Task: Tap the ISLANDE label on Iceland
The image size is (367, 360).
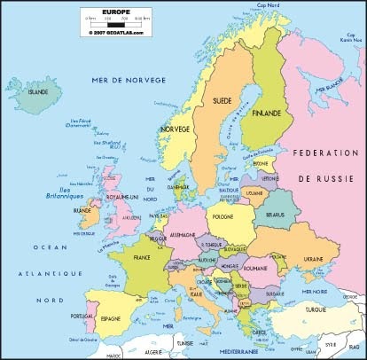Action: [x=38, y=91]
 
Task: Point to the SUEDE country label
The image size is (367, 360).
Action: [x=222, y=101]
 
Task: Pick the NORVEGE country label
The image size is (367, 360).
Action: [x=174, y=129]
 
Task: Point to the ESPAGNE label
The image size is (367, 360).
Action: [x=111, y=317]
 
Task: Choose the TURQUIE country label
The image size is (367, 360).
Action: [x=316, y=310]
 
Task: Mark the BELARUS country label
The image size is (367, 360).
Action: [x=273, y=214]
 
